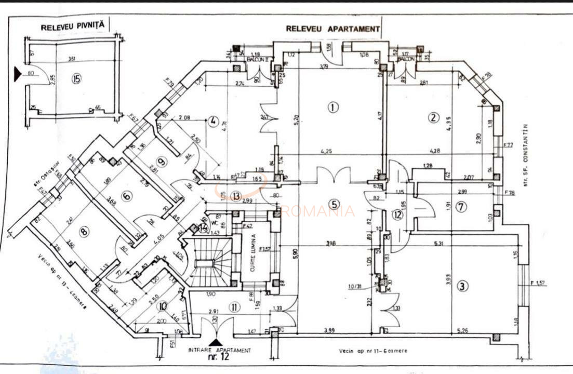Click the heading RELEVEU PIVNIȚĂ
pos(73,24)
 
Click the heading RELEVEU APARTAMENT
pos(332,29)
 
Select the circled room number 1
pos(332,108)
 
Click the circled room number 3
pos(462,285)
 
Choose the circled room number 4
pos(212,122)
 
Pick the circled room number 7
pos(461,207)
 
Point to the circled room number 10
pos(163,305)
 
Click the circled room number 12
pos(397,214)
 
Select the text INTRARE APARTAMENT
pos(219,351)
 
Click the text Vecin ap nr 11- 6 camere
pos(373,351)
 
